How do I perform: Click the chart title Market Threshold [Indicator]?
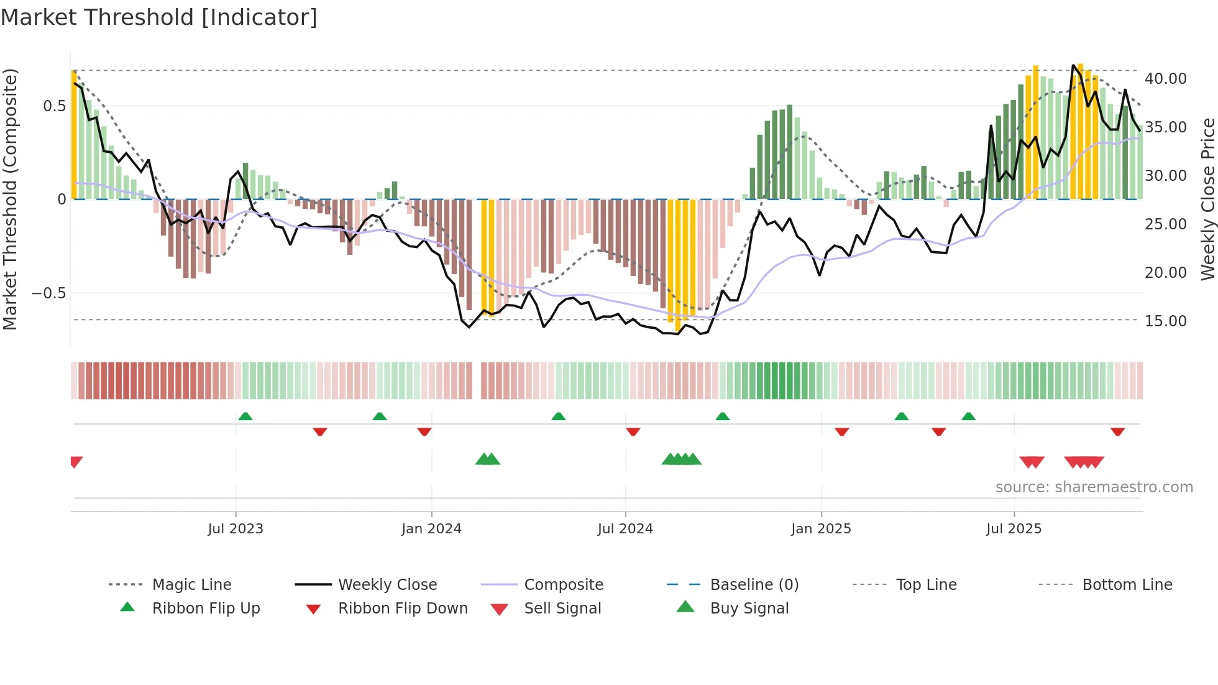pos(159,17)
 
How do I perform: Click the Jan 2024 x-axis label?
pos(431,528)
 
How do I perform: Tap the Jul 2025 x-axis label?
pos(1014,528)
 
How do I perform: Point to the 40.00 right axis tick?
pos(1165,79)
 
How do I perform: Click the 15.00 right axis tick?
pos(1165,321)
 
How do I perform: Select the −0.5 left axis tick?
pos(48,293)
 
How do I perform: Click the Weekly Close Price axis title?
pos(1207,199)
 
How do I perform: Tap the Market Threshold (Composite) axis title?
pos(10,199)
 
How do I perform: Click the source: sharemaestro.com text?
pos(1094,487)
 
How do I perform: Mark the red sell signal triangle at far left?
pos(76,461)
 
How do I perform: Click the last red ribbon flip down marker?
pos(1117,431)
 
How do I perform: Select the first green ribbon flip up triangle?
pos(245,416)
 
